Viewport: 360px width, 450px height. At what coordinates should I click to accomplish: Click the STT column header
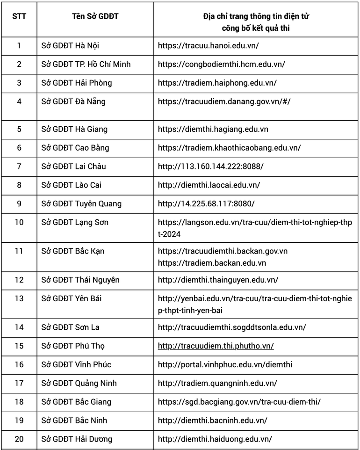[x=19, y=16]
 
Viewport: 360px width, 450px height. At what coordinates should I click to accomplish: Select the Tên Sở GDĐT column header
[x=95, y=16]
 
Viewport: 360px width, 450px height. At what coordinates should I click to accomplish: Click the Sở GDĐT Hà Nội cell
[x=70, y=46]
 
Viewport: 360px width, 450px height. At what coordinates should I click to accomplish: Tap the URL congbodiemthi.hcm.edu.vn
[x=221, y=65]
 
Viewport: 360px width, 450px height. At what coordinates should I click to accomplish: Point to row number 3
[x=19, y=83]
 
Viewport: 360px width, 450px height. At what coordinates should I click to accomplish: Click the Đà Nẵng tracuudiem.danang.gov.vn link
[x=224, y=102]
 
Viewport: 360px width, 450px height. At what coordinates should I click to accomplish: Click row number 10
[x=19, y=222]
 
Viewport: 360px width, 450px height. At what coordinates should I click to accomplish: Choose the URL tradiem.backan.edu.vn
[x=212, y=263]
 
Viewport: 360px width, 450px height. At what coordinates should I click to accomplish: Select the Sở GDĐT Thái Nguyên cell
[x=80, y=280]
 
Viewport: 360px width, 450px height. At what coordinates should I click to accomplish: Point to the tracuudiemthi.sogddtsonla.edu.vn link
[x=232, y=327]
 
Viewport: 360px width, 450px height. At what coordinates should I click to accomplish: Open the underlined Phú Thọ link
[x=216, y=346]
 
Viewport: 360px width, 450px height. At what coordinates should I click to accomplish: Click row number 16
[x=19, y=364]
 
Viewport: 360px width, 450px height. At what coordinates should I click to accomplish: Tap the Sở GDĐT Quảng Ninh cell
[x=79, y=383]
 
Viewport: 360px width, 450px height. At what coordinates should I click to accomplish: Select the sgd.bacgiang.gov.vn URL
[x=239, y=402]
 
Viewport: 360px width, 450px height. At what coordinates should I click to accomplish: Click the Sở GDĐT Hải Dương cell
[x=77, y=439]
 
